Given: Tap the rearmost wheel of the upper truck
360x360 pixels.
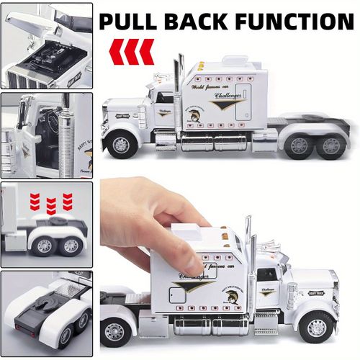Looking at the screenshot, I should point(332,145).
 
